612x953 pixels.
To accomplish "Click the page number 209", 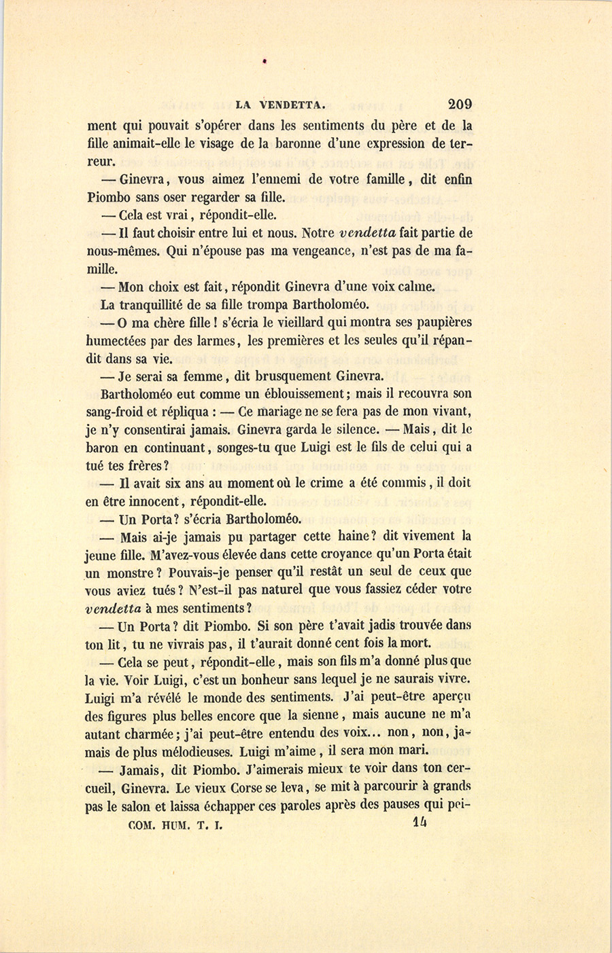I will (460, 105).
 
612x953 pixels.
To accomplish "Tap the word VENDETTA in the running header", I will (289, 105).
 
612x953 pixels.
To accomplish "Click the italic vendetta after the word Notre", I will (368, 234).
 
